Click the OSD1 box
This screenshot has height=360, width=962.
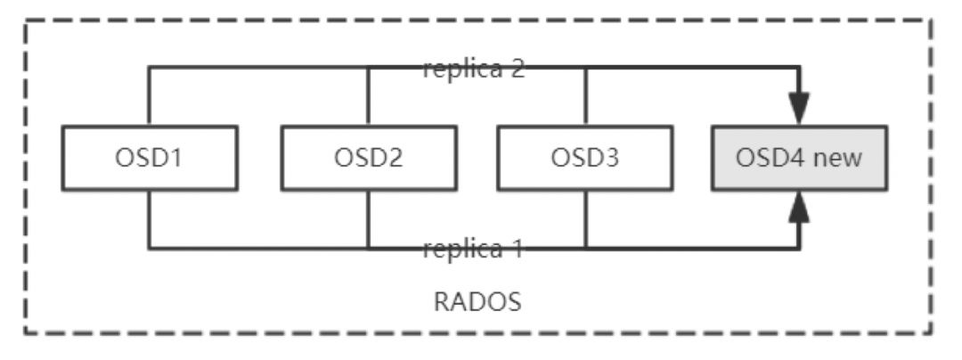(150, 158)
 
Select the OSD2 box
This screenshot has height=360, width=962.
(368, 158)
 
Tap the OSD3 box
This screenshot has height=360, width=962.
(584, 158)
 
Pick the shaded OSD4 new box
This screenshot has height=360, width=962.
(799, 158)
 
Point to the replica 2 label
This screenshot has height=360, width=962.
(474, 70)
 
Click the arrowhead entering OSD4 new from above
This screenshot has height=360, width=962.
(800, 111)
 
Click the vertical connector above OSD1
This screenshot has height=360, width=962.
(150, 96)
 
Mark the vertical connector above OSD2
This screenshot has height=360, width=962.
(368, 96)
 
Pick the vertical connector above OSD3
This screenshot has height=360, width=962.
(585, 96)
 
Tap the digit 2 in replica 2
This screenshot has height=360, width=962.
(517, 70)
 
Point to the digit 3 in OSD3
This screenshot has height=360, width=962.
(609, 158)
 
